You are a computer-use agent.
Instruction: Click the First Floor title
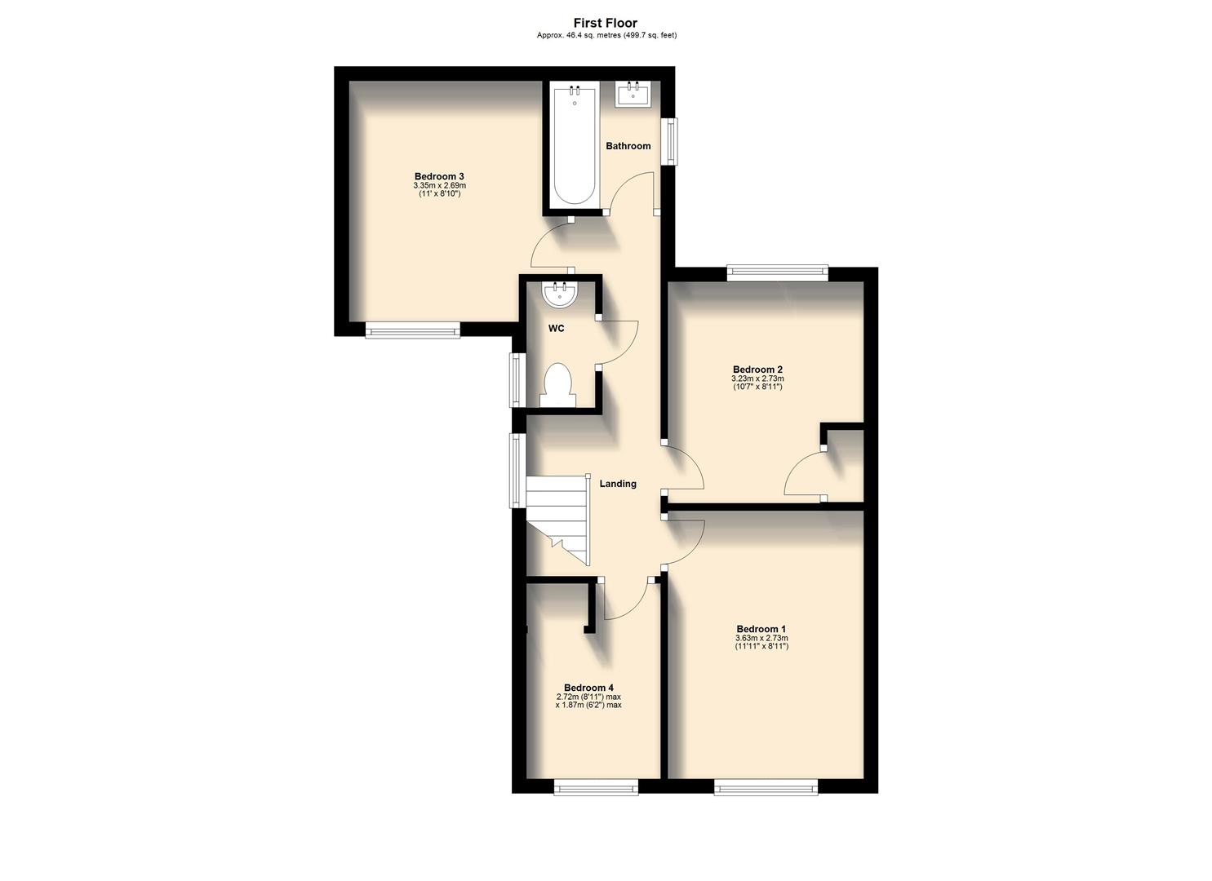(x=605, y=23)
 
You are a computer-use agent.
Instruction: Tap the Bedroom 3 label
(x=439, y=176)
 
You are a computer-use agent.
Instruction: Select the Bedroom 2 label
(x=757, y=370)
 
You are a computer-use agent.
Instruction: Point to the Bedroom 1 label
(x=761, y=629)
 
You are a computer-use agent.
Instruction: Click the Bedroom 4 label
(x=588, y=688)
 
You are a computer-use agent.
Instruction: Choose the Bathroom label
(x=628, y=146)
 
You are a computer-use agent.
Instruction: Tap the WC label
(x=556, y=329)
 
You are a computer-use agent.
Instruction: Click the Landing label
(x=618, y=484)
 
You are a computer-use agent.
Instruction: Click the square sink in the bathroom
(x=633, y=94)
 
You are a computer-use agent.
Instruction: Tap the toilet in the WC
(x=558, y=385)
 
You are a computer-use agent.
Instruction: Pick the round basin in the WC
(x=560, y=294)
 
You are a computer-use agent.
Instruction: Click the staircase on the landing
(x=557, y=517)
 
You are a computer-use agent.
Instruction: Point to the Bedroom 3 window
(x=412, y=330)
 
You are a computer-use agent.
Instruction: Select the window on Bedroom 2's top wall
(x=777, y=273)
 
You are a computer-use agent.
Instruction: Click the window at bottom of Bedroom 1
(x=766, y=786)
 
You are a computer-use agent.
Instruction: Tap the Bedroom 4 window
(x=596, y=786)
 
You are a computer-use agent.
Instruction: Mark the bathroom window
(x=669, y=141)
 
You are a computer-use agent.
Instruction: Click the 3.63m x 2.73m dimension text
(x=761, y=638)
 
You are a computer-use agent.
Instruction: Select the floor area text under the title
(x=606, y=35)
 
